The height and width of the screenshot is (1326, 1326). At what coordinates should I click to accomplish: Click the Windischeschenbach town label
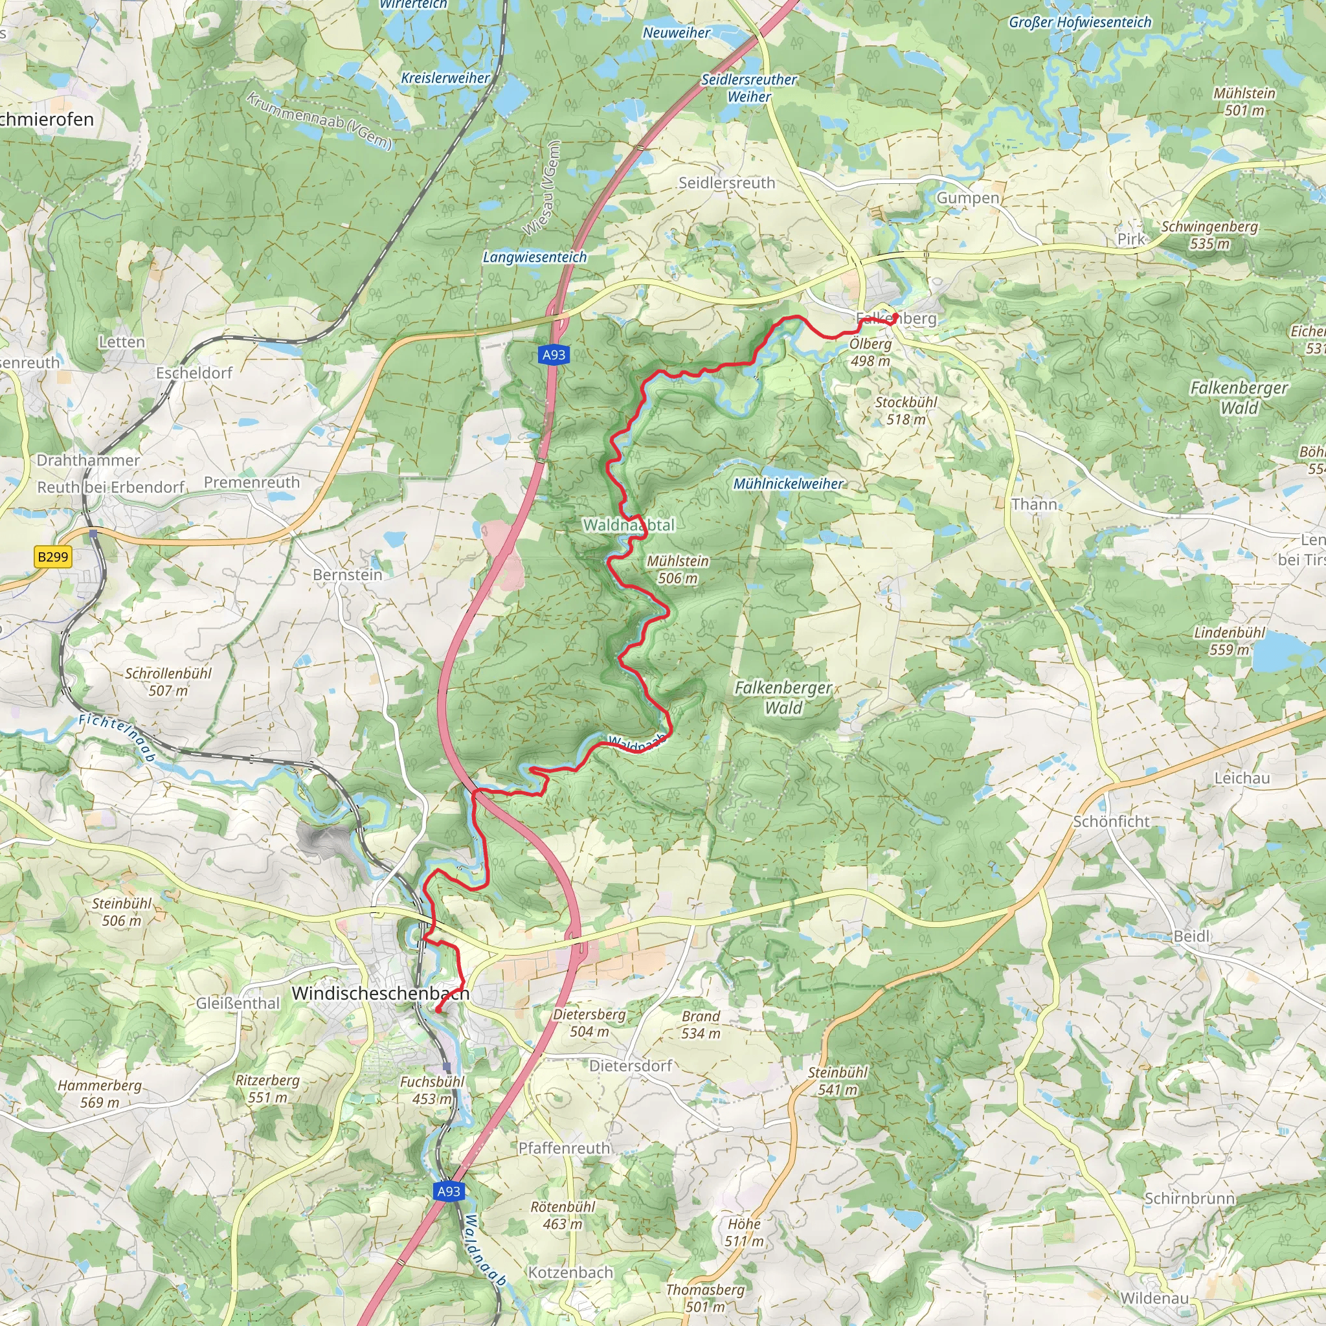pos(380,993)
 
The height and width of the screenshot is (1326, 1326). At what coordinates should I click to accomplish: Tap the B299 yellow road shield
pos(53,557)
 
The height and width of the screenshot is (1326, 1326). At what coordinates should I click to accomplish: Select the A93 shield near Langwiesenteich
pos(553,355)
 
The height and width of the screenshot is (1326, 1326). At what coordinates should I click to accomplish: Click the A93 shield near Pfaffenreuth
pos(449,1191)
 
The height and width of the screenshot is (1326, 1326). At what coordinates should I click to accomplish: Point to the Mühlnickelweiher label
pos(788,484)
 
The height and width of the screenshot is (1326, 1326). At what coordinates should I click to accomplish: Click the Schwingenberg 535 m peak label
pos(1209,235)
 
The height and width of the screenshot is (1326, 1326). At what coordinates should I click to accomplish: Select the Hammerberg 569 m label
pos(100,1094)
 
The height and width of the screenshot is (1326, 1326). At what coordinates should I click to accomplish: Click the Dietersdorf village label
pos(630,1066)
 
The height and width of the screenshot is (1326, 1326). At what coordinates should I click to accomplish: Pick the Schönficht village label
pos(1111,822)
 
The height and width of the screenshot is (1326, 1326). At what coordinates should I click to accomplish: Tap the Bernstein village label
pos(347,574)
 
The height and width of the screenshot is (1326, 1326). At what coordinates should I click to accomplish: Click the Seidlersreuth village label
pos(726,183)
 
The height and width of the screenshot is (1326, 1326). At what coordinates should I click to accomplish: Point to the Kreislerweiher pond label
pos(445,78)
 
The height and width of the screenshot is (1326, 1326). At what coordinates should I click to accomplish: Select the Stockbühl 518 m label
pos(906,410)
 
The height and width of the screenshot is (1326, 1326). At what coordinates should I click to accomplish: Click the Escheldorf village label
pos(194,373)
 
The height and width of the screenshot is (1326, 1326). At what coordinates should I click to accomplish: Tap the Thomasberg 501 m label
pos(705,1298)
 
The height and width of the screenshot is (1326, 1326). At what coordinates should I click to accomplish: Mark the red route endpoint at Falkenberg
pos(895,316)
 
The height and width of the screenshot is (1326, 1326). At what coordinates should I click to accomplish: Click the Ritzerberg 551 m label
pos(267,1088)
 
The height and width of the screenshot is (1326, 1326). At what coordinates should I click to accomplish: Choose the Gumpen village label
pos(968,197)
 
